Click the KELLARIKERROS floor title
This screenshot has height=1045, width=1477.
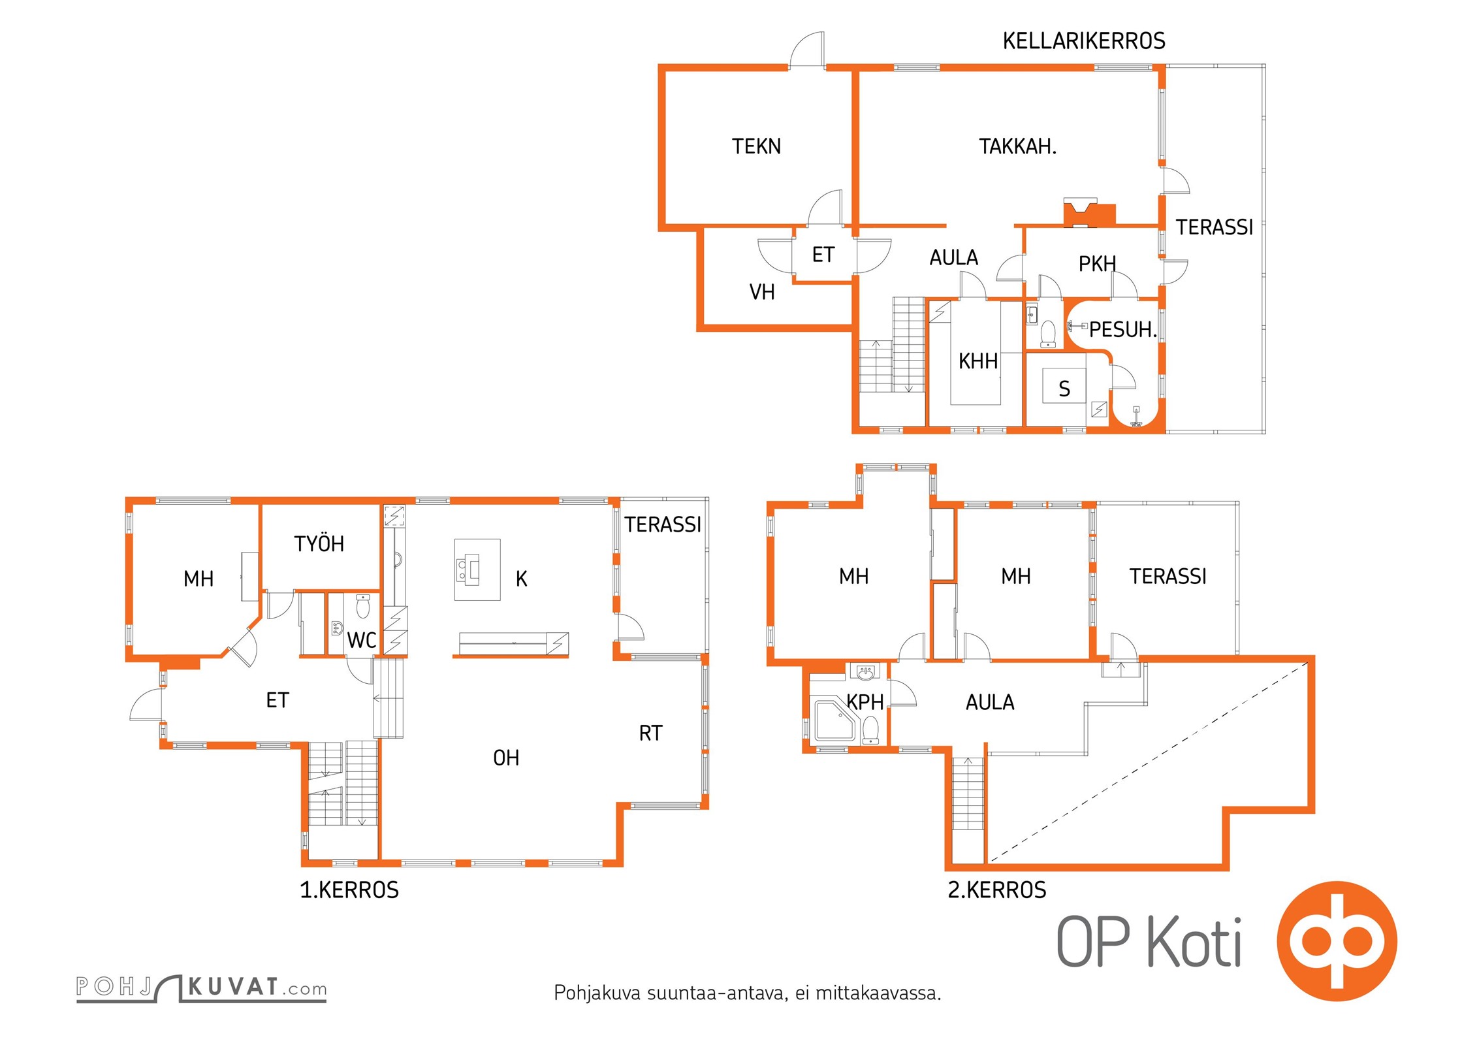pyautogui.click(x=1083, y=41)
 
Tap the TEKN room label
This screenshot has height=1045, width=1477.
pyautogui.click(x=756, y=146)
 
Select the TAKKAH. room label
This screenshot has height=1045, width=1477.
pyautogui.click(x=1017, y=146)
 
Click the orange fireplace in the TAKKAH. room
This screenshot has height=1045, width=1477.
pyautogui.click(x=1089, y=213)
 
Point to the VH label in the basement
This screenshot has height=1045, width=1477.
pyautogui.click(x=762, y=292)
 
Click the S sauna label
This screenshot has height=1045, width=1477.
pyautogui.click(x=1064, y=389)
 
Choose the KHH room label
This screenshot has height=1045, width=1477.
pyautogui.click(x=977, y=361)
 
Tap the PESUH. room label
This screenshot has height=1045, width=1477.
pyautogui.click(x=1122, y=330)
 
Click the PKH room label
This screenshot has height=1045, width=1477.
pyautogui.click(x=1097, y=264)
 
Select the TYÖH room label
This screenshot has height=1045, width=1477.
pyautogui.click(x=319, y=543)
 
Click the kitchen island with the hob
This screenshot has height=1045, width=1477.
pyautogui.click(x=477, y=570)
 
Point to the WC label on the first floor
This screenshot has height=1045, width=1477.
pyautogui.click(x=362, y=640)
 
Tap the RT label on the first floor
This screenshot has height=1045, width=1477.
pyautogui.click(x=650, y=733)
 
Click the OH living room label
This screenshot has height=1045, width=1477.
pyautogui.click(x=506, y=758)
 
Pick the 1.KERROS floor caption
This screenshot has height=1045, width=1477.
pyautogui.click(x=349, y=890)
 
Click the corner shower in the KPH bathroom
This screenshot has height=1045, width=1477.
pyautogui.click(x=835, y=721)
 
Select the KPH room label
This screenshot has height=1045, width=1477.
pyautogui.click(x=865, y=702)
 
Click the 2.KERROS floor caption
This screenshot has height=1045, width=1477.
pyautogui.click(x=997, y=890)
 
